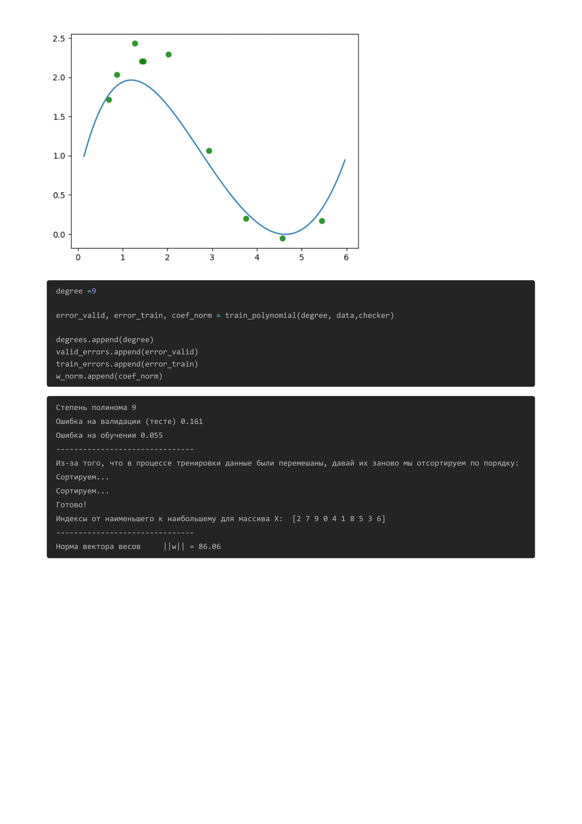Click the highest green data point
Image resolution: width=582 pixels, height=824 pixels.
point(135,43)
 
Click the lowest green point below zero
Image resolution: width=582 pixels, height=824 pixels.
point(283,238)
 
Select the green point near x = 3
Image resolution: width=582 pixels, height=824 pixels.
point(209,151)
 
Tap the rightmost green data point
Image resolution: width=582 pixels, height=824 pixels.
point(322,221)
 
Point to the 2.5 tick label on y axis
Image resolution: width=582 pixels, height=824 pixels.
point(59,38)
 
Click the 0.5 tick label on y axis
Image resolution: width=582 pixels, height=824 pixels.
point(59,195)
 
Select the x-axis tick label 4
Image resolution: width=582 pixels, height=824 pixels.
point(257,257)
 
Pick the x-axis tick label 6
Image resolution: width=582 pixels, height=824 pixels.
point(347,257)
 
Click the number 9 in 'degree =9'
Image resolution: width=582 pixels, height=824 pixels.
point(94,291)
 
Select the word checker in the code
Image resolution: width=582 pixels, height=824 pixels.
point(374,316)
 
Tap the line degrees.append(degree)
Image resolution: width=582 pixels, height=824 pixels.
point(105,340)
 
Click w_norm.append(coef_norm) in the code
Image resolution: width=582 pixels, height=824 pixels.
point(109,376)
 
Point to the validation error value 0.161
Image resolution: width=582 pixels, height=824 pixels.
point(192,421)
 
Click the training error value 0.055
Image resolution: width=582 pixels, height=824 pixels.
point(152,435)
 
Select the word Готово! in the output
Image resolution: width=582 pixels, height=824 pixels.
point(71,505)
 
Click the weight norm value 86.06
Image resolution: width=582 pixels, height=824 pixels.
point(210,547)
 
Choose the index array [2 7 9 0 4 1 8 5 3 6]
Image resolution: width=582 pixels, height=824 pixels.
point(339,519)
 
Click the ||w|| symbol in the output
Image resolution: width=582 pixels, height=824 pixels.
point(174,547)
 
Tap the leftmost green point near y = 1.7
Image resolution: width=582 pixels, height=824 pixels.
point(109,100)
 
